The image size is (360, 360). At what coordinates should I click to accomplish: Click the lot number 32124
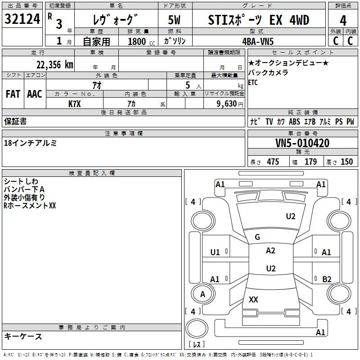(22, 19)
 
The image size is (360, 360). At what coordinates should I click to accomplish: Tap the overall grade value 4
(343, 21)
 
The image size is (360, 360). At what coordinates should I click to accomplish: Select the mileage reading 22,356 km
(54, 64)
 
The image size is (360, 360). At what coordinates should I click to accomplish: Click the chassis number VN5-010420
(302, 143)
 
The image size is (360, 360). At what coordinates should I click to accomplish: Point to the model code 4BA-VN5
(258, 41)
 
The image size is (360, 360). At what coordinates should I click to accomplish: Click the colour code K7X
(75, 104)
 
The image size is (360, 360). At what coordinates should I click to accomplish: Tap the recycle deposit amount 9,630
(227, 103)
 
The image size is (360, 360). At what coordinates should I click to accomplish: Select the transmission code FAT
(13, 94)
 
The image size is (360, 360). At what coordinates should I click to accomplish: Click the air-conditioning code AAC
(35, 94)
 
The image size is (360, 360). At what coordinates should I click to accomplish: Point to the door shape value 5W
(174, 20)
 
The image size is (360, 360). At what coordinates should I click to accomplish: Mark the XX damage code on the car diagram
(253, 299)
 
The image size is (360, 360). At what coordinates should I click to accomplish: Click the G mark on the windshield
(257, 237)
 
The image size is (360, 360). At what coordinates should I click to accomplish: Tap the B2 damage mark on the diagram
(327, 279)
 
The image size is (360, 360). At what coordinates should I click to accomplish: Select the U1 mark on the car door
(215, 252)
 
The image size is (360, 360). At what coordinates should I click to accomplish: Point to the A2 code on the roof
(270, 251)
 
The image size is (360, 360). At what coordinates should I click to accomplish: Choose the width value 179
(310, 162)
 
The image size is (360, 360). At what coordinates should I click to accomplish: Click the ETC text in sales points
(253, 82)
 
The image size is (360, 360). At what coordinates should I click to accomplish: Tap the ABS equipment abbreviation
(294, 121)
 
